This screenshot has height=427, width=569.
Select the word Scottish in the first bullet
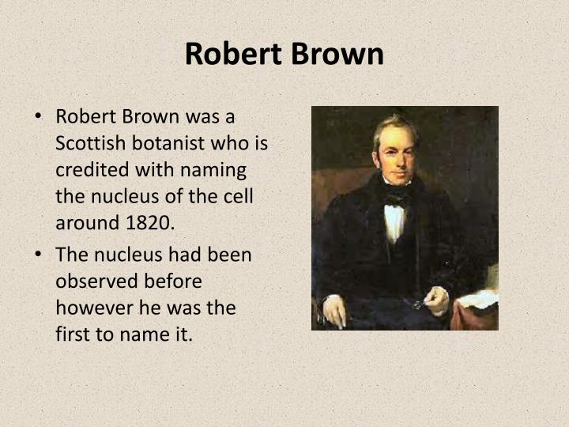pos(89,143)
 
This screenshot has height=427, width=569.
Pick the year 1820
pos(149,222)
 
